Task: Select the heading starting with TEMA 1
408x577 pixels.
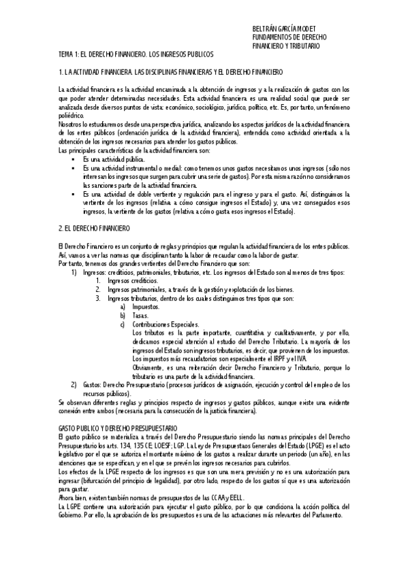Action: click(136, 53)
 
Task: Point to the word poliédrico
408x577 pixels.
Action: click(73, 116)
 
